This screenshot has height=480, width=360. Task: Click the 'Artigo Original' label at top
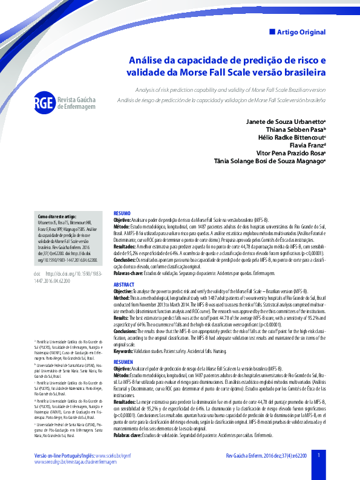pyautogui.click(x=301, y=32)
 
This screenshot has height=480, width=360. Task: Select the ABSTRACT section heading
pyautogui.click(x=124, y=284)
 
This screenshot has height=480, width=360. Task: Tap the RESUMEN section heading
pyautogui.click(x=123, y=362)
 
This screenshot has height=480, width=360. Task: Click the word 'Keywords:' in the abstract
pyautogui.click(x=124, y=350)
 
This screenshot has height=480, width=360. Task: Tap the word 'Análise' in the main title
pyautogui.click(x=146, y=60)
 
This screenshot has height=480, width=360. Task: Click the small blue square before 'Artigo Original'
pyautogui.click(x=272, y=31)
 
